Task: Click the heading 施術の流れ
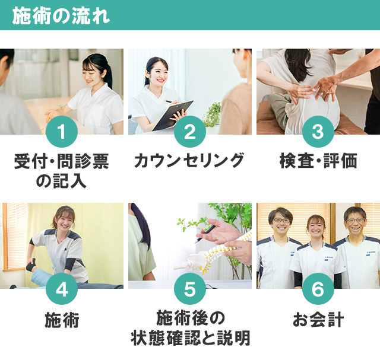click(61, 15)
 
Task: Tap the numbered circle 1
click(62, 132)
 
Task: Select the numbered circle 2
click(190, 132)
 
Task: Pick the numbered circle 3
click(318, 132)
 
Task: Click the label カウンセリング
click(190, 161)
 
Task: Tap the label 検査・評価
click(318, 161)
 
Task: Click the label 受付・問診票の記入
click(62, 170)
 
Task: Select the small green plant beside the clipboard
click(211, 116)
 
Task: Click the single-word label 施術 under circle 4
click(62, 321)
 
